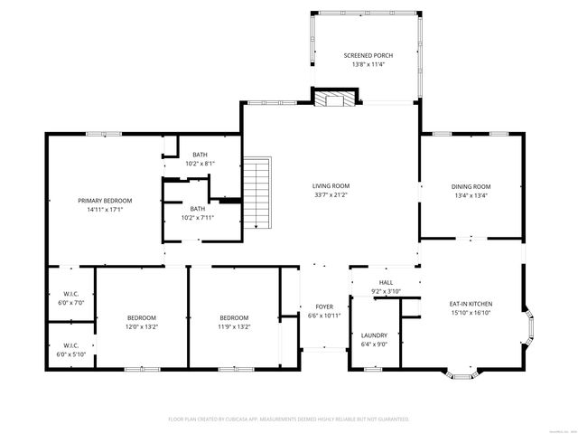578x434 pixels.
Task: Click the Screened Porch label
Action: (368, 56)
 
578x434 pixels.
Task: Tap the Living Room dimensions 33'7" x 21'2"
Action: (331, 195)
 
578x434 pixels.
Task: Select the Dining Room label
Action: (471, 186)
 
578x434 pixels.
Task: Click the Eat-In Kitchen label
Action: (471, 305)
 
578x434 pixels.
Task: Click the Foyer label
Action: (323, 307)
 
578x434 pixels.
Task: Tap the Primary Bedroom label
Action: (105, 201)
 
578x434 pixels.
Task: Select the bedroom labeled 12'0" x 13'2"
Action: (142, 317)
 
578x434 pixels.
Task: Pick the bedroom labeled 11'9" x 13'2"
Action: (234, 317)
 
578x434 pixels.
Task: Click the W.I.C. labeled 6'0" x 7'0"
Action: (70, 294)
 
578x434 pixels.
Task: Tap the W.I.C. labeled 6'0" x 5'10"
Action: (70, 345)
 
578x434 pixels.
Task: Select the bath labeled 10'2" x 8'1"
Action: (200, 155)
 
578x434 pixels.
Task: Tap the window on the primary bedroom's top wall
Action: (98, 135)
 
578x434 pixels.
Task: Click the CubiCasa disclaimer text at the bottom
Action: (289, 420)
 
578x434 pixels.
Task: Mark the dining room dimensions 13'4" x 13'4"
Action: (471, 195)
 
